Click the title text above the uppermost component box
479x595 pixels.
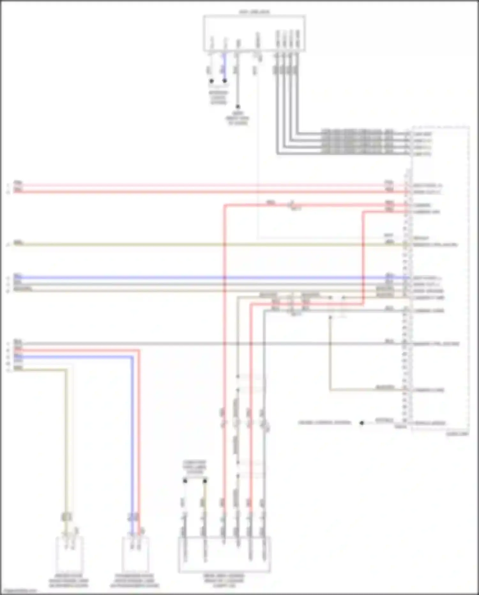click(x=254, y=12)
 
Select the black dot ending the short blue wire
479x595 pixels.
click(x=224, y=81)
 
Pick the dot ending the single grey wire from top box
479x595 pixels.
click(x=238, y=107)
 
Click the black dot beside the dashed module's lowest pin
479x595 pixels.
click(x=361, y=423)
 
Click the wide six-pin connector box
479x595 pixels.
click(x=224, y=555)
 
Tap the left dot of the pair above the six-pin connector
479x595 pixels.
click(x=185, y=481)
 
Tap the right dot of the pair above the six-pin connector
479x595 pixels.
click(x=205, y=481)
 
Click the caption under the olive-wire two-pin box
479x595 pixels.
click(x=69, y=581)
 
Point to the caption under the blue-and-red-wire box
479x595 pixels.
click(x=135, y=581)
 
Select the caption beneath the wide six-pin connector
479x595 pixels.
click(x=224, y=580)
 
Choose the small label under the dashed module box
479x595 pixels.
click(x=457, y=434)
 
